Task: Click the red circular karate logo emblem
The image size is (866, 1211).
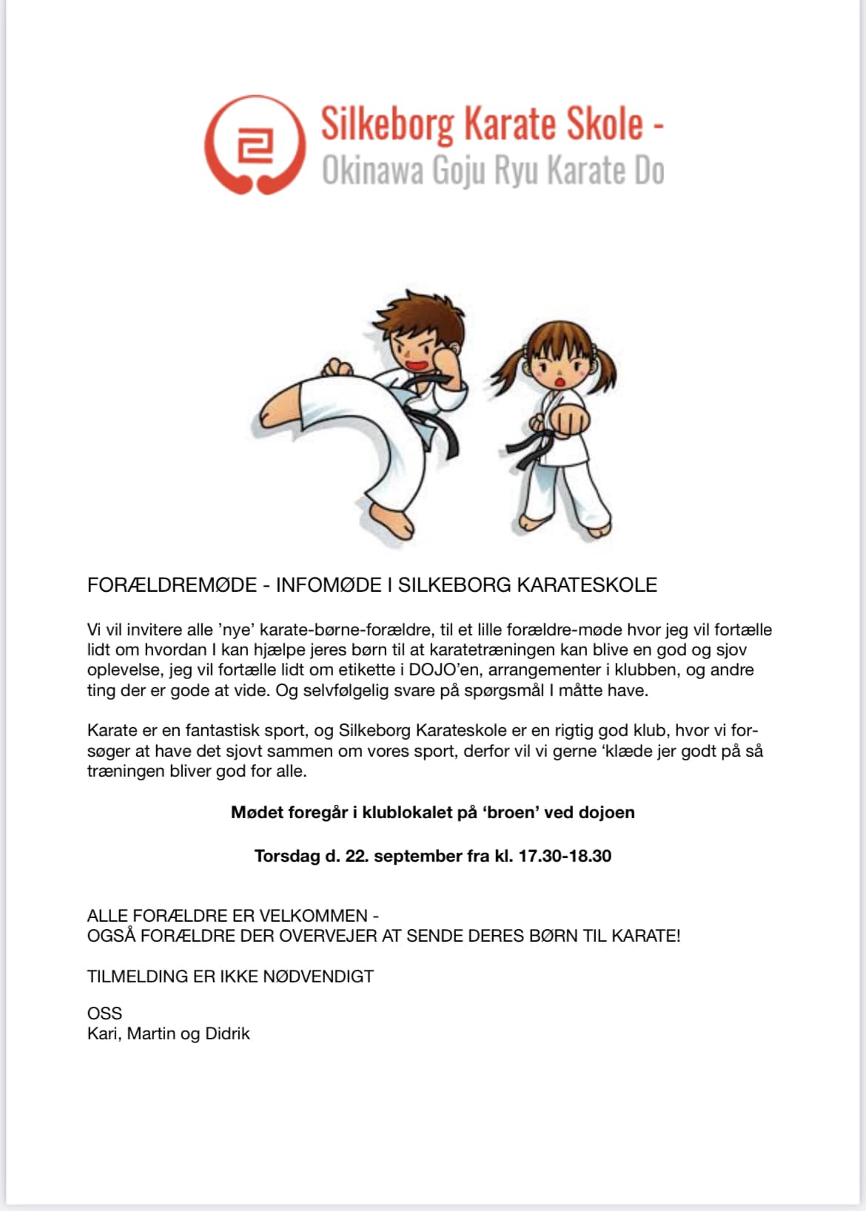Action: pos(255,145)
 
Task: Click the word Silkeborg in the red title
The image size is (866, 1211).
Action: pos(386,124)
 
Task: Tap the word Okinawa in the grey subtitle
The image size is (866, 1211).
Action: pos(372,171)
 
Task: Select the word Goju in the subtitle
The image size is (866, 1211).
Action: pos(459,171)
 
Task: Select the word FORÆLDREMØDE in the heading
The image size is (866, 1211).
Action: pos(172,585)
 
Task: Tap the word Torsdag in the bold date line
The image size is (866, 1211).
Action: pos(287,857)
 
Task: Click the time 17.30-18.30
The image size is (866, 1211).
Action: pos(565,857)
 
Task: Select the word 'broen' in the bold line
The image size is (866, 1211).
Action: pos(511,813)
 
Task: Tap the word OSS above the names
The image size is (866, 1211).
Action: pos(104,1013)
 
